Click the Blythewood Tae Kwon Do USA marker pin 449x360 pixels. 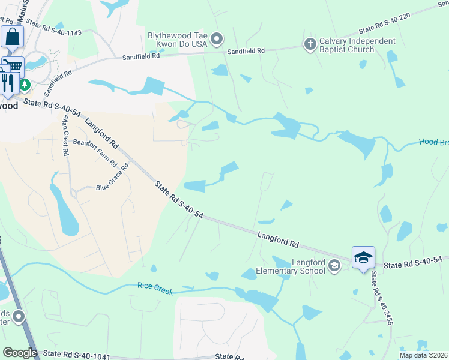217,40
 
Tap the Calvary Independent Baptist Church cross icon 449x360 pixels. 310,44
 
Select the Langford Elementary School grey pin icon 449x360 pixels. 334,266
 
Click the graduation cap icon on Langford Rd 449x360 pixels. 363,258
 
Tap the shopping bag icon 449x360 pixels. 12,37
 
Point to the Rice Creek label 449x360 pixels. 155,289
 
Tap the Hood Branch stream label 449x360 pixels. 433,143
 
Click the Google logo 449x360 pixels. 19,353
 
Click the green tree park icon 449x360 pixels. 25,85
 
